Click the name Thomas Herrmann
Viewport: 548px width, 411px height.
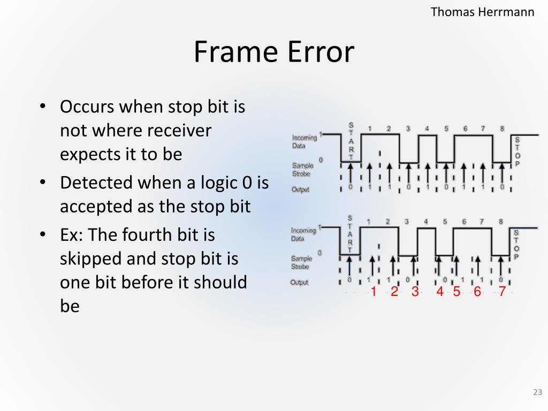483,12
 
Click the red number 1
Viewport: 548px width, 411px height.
374,292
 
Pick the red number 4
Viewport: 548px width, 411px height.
440,292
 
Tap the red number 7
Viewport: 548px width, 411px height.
502,292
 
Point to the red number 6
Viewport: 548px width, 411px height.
477,292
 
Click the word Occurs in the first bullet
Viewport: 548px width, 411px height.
87,106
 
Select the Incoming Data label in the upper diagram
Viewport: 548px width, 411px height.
304,141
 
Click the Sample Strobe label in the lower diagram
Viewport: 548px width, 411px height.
301,262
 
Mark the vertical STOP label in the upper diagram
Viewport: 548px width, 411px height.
517,151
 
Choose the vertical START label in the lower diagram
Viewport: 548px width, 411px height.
350,234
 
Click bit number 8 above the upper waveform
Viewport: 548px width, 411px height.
501,128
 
